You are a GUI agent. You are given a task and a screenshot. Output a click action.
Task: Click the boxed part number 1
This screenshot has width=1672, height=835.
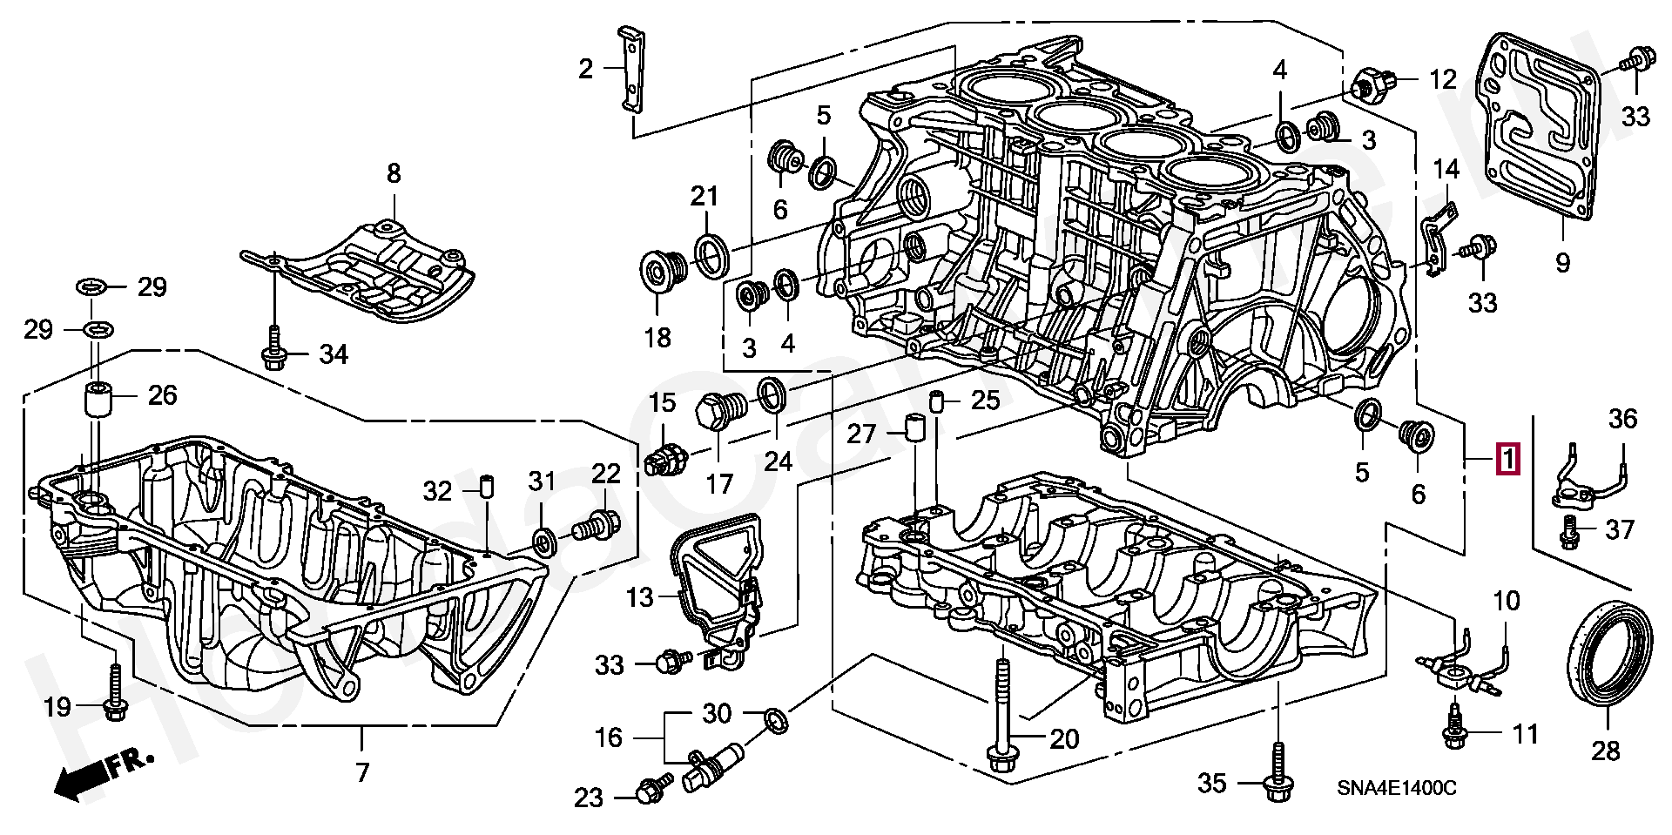click(x=1507, y=460)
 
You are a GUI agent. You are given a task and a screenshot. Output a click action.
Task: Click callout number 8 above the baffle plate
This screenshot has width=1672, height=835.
click(x=394, y=173)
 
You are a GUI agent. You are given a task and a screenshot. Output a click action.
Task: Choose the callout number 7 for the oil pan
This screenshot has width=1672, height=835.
click(x=361, y=771)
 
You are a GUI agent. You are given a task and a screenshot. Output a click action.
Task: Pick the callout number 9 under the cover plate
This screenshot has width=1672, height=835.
click(x=1562, y=261)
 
